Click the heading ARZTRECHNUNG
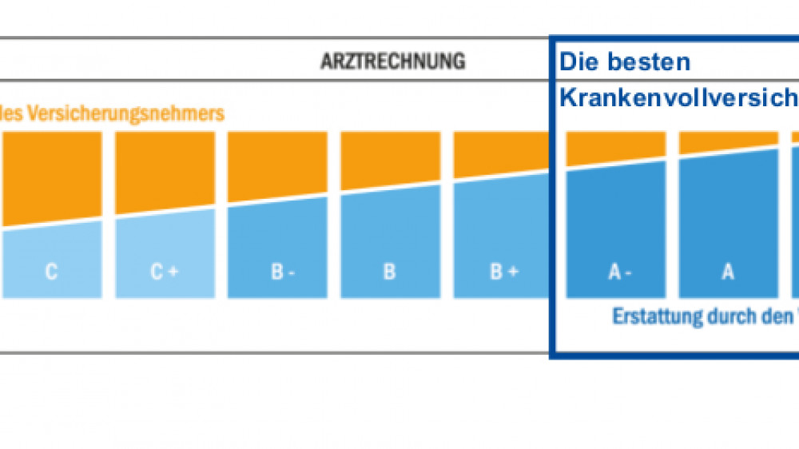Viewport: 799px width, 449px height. [392, 62]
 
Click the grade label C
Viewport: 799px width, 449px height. [51, 272]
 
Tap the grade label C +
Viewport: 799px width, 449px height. [165, 272]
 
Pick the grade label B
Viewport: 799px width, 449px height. [390, 272]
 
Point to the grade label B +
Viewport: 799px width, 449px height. [503, 272]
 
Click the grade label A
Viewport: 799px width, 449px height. [728, 272]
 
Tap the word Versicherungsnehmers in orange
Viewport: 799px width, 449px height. [126, 113]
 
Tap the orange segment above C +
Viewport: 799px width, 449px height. [165, 169]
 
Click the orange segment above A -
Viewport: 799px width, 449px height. [615, 146]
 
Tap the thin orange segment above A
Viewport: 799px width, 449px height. [728, 141]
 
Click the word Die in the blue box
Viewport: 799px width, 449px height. [578, 62]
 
